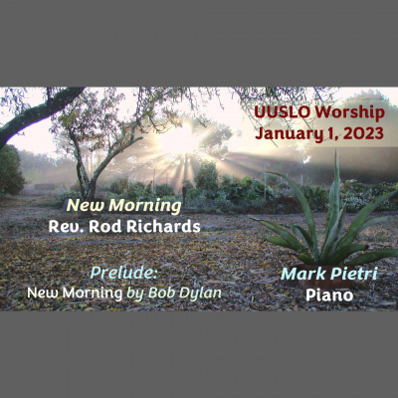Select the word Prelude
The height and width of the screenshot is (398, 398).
122,273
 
